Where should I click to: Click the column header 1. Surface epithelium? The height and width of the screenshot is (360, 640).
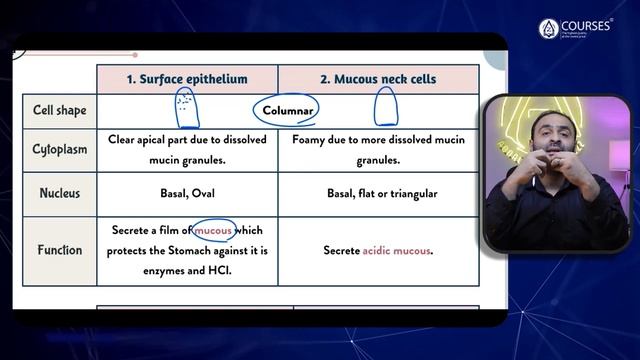(x=187, y=79)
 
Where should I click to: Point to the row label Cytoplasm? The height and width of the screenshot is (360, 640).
(x=59, y=150)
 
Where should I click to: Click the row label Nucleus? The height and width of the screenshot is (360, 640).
(x=59, y=193)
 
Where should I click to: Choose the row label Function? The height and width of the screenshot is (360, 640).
(x=59, y=250)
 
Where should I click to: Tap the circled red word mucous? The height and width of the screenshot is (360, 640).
(x=213, y=231)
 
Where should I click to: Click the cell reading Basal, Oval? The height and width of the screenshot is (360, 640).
(x=187, y=193)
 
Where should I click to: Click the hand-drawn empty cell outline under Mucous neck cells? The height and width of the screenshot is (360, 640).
(x=386, y=108)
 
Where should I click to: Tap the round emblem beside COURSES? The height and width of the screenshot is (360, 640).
(x=548, y=29)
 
